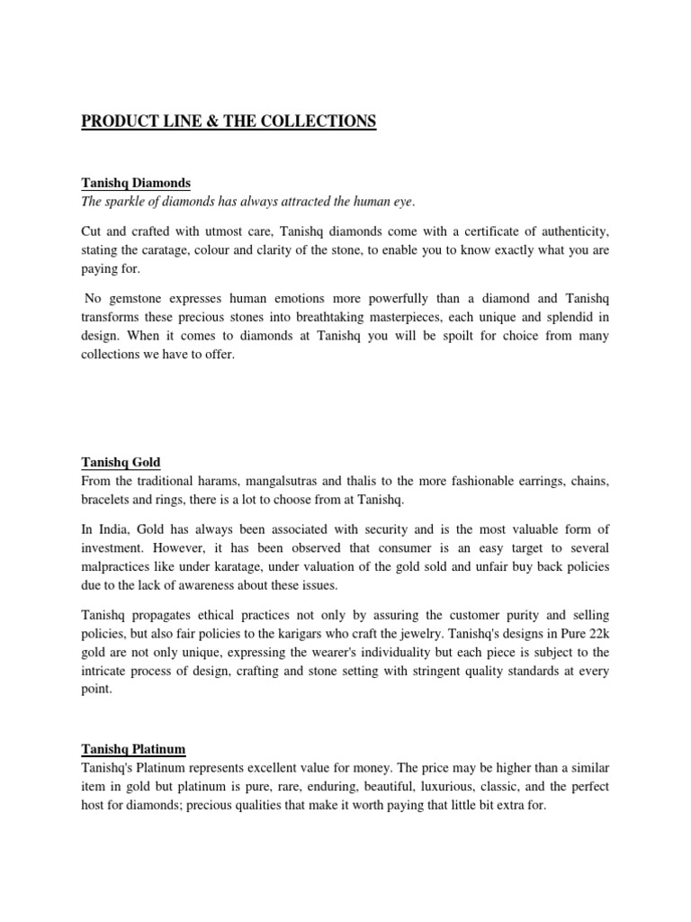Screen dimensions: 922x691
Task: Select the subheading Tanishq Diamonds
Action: click(136, 183)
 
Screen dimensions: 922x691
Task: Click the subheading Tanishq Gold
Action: click(121, 463)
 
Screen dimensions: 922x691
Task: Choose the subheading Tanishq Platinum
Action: click(133, 749)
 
